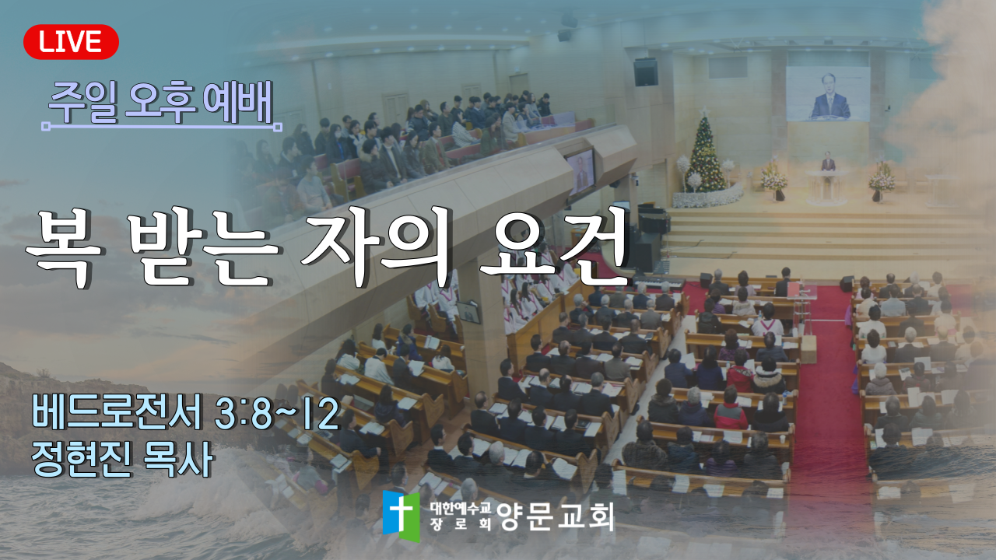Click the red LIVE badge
[71, 42]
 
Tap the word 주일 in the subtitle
[83, 103]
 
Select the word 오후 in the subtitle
[161, 103]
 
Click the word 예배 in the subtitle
[238, 103]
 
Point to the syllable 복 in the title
[64, 249]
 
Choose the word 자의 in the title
[379, 249]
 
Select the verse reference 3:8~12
[277, 415]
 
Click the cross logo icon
[401, 516]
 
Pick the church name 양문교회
[556, 516]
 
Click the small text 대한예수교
[460, 508]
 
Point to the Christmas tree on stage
[705, 153]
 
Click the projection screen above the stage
[828, 94]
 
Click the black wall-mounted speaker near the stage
[646, 72]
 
